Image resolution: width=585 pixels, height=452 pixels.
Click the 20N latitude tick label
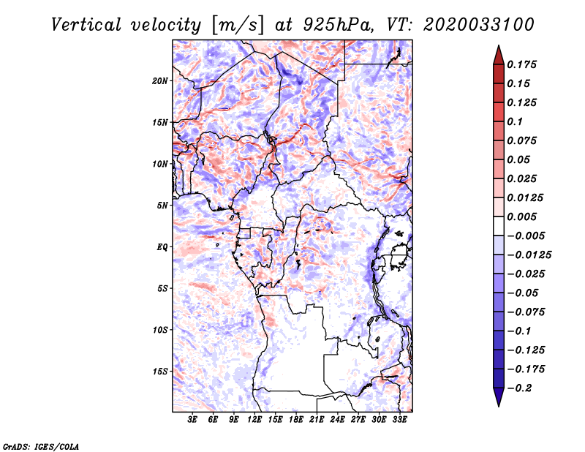point(160,80)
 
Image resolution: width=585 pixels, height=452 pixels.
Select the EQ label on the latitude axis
point(162,247)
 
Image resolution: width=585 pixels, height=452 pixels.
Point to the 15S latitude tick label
point(160,372)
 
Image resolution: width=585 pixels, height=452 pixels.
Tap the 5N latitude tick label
point(162,206)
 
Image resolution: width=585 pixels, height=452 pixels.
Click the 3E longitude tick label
point(192,421)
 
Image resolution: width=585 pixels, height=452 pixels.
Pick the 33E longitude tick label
point(399,421)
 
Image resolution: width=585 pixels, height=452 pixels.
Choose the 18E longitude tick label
point(296,421)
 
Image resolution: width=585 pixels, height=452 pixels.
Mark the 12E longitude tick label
point(254,421)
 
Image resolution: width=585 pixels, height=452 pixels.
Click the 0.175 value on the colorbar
point(523,64)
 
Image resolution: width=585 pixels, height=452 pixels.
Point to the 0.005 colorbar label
point(523,216)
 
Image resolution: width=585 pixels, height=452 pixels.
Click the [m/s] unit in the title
point(235,24)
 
